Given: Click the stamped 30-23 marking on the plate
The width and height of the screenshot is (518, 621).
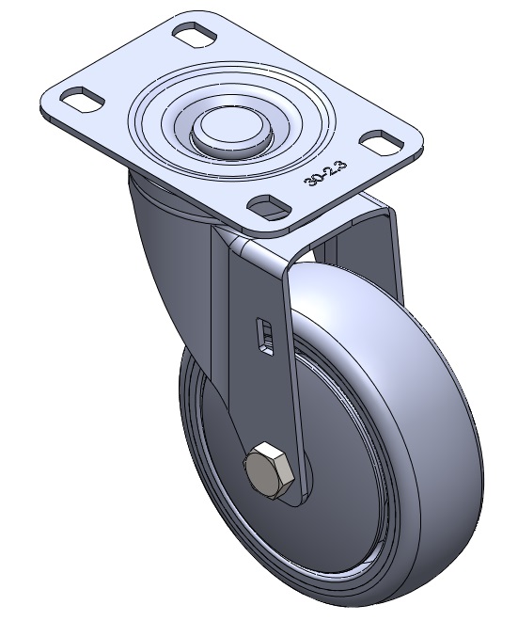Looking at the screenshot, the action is [325, 173].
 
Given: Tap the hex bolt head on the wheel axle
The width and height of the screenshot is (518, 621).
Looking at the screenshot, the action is [270, 470].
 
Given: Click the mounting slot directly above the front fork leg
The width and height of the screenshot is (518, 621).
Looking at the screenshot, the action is [269, 207].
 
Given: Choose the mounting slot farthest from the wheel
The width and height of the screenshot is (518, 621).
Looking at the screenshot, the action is [196, 35].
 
